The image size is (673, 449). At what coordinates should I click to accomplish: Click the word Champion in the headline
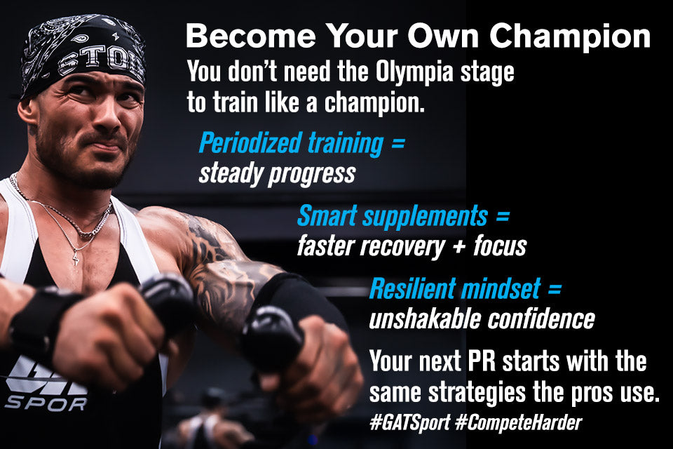tap(570, 38)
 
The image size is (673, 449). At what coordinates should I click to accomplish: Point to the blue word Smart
tap(327, 215)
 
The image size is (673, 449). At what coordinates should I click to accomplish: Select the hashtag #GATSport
tap(410, 423)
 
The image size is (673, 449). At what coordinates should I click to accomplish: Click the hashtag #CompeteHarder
tap(519, 423)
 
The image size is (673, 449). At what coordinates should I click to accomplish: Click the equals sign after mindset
tap(555, 289)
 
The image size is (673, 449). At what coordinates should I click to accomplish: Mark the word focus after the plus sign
tap(500, 246)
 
